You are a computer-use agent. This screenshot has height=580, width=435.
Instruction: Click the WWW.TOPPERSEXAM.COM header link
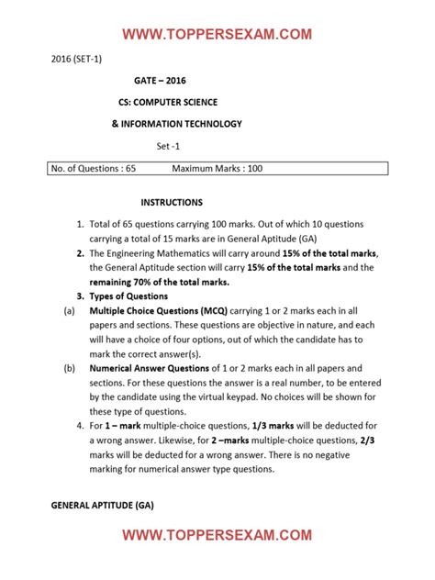click(217, 35)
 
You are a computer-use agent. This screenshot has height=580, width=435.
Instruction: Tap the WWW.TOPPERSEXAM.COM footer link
click(217, 534)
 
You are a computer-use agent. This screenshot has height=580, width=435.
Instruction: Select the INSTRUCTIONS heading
click(172, 202)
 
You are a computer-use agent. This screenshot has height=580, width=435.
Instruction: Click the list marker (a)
click(69, 312)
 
